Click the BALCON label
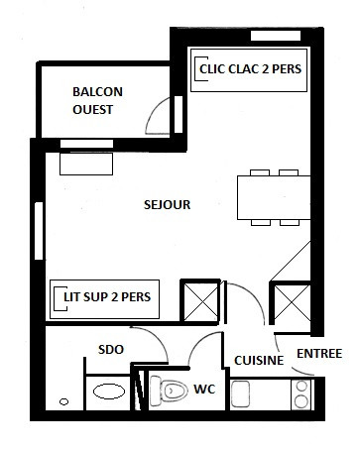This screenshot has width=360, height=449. (97, 92)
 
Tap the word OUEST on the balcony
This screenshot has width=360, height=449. (92, 110)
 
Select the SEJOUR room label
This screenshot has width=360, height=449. (168, 205)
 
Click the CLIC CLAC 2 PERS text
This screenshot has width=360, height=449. (250, 69)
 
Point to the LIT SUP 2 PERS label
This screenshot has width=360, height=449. (107, 297)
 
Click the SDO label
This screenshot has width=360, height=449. (111, 350)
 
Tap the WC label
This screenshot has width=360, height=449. (204, 390)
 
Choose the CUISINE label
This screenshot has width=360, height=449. (259, 361)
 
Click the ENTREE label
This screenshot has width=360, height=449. (319, 354)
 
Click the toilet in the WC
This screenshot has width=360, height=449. (169, 392)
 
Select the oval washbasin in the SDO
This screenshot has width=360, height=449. (109, 392)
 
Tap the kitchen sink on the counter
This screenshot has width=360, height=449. (240, 393)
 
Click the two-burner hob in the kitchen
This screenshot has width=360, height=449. (301, 394)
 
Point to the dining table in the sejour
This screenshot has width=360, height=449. (274, 197)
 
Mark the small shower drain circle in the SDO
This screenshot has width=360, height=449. (63, 401)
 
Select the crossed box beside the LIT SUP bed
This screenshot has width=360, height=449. (200, 301)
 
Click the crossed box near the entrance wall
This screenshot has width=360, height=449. (291, 302)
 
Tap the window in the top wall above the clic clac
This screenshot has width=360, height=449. (276, 36)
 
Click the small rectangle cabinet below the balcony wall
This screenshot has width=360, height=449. (86, 164)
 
